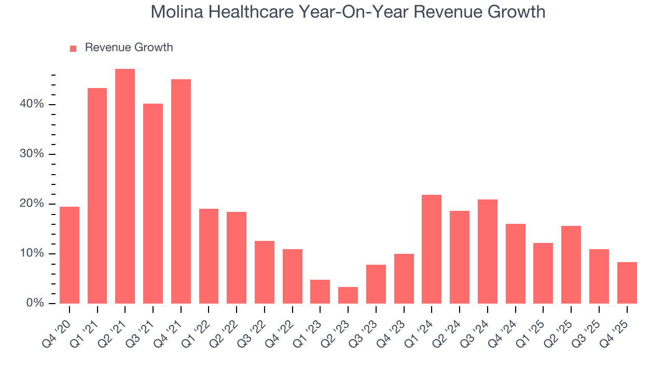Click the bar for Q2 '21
(x=125, y=186)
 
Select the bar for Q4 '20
(x=70, y=255)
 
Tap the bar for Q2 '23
(x=348, y=295)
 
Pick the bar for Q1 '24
(x=432, y=249)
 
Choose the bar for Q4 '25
(x=627, y=282)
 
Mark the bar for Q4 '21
(x=181, y=191)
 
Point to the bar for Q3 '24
(x=488, y=251)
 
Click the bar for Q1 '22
(x=209, y=256)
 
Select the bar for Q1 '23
(x=320, y=291)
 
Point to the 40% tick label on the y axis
(x=32, y=104)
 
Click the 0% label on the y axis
(x=35, y=303)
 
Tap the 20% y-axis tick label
(x=32, y=204)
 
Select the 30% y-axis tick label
(x=32, y=154)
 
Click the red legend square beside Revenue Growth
(x=73, y=48)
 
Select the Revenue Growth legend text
(x=129, y=48)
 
